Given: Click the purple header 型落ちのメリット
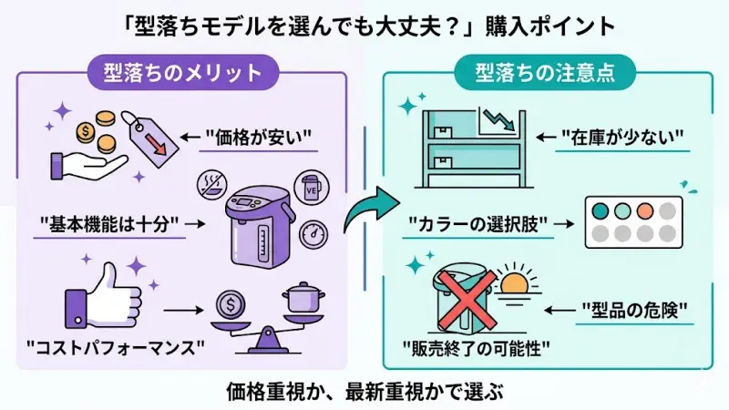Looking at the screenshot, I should [181, 72].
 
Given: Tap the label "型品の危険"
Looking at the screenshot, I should [633, 307].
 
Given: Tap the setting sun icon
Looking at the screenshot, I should [516, 281].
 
